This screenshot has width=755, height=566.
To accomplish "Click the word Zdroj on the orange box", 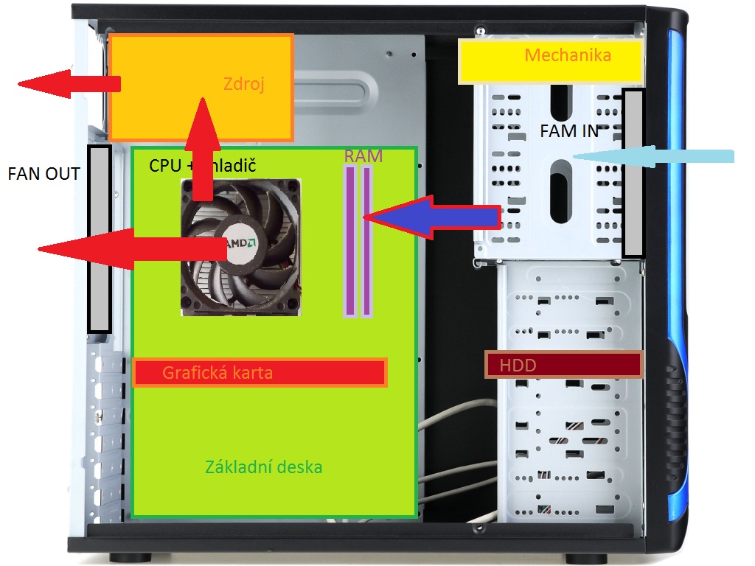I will (243, 84).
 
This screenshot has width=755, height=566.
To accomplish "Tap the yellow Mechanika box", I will (549, 60).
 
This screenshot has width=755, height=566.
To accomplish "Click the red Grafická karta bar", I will (260, 372).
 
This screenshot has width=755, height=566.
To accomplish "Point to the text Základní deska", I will (263, 467).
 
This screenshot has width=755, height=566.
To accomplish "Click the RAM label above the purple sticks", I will (363, 156).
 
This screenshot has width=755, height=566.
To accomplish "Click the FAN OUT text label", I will (44, 175).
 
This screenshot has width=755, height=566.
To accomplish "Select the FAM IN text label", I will (568, 131).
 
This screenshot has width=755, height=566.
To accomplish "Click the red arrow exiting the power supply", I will (66, 83).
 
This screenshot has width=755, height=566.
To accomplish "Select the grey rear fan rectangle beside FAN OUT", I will (100, 238).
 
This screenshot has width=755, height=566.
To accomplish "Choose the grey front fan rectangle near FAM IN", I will (633, 173).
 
